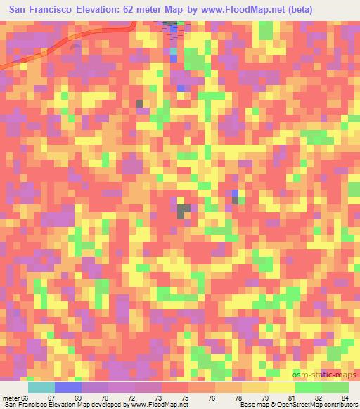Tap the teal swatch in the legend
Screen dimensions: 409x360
41,387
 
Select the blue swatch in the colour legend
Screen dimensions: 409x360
68,387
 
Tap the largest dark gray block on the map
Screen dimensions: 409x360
184,210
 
